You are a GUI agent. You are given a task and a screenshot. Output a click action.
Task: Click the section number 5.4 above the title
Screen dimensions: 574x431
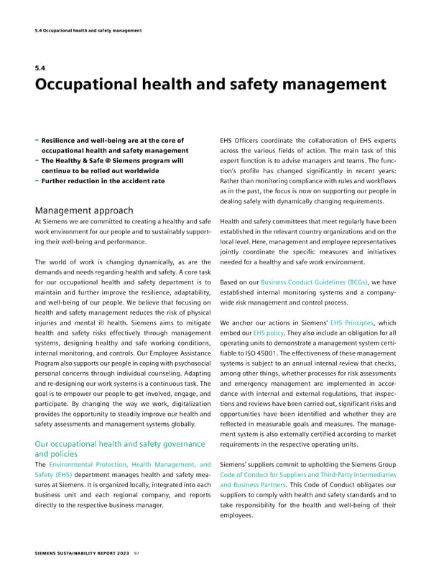pos(40,70)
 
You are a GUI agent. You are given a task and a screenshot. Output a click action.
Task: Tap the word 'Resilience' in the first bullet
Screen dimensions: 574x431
pos(63,140)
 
